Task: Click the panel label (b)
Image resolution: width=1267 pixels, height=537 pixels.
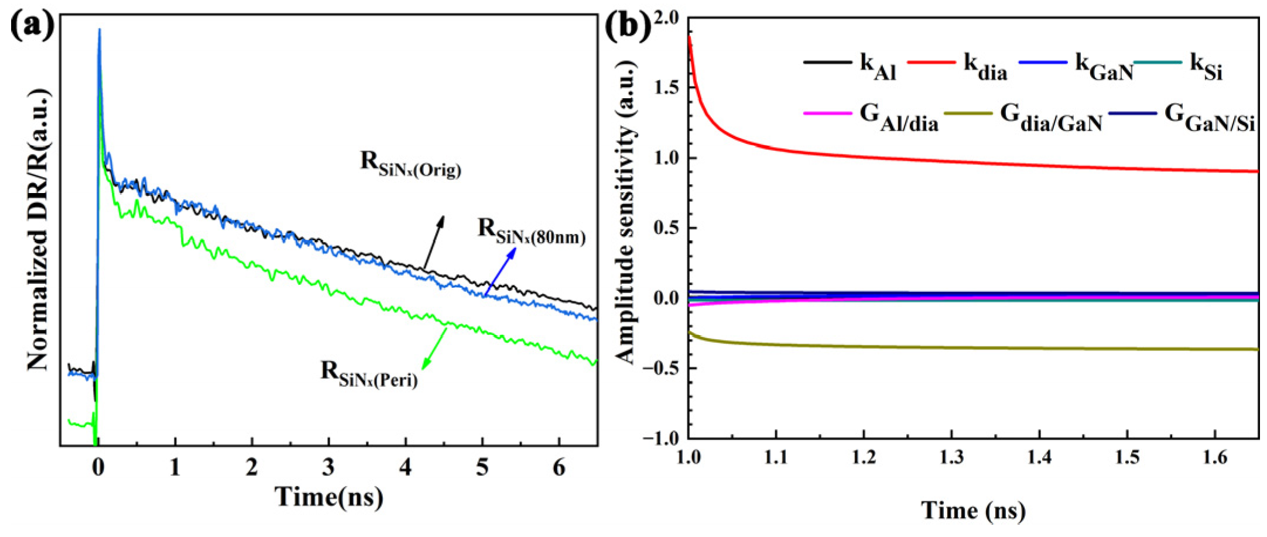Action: click(x=627, y=26)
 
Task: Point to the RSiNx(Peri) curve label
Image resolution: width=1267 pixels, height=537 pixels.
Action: click(x=369, y=374)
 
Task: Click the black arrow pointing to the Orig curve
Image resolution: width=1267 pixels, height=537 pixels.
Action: click(x=434, y=242)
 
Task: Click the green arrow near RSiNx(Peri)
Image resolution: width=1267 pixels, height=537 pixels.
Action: click(x=434, y=347)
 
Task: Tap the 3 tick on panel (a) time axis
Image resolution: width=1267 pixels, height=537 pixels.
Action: click(x=328, y=467)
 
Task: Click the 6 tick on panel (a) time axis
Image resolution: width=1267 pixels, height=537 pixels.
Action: click(x=559, y=467)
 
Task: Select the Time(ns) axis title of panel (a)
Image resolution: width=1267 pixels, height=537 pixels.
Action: click(x=329, y=497)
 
